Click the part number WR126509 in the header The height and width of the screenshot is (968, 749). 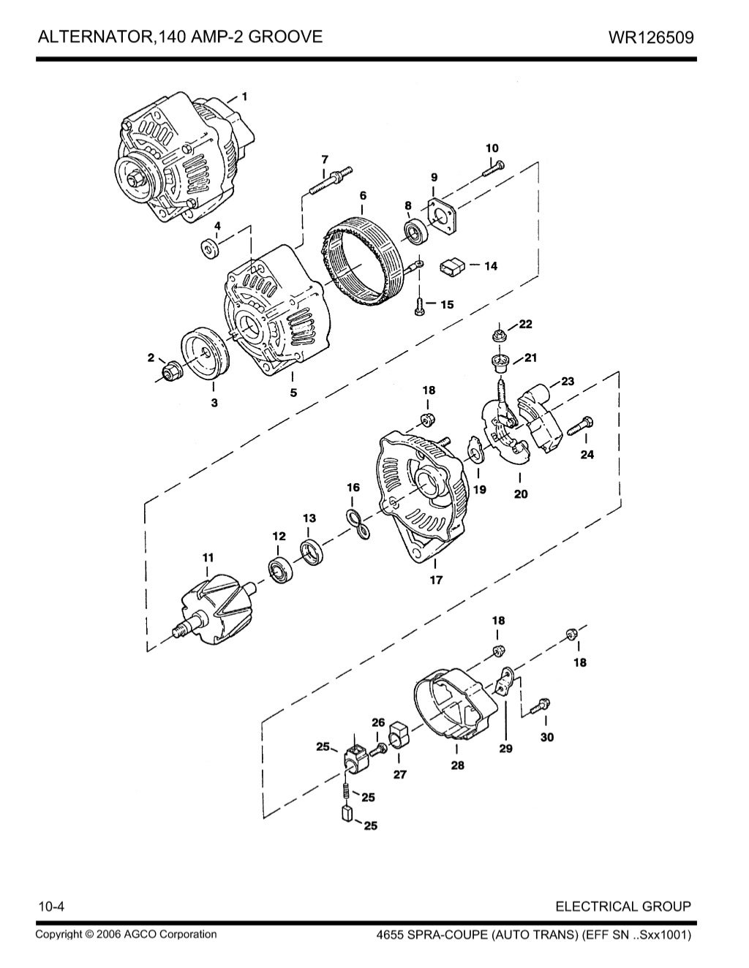point(650,37)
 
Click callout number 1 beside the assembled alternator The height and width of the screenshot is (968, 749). point(244,96)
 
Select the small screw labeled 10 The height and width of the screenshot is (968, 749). point(492,168)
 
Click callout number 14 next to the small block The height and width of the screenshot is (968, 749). point(490,266)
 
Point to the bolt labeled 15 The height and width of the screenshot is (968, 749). point(419,306)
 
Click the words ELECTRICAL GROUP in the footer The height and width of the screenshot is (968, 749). point(622,907)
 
